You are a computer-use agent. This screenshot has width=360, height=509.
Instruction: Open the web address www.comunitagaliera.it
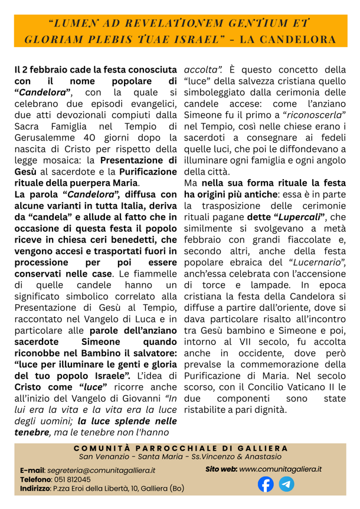pos(280,468)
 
